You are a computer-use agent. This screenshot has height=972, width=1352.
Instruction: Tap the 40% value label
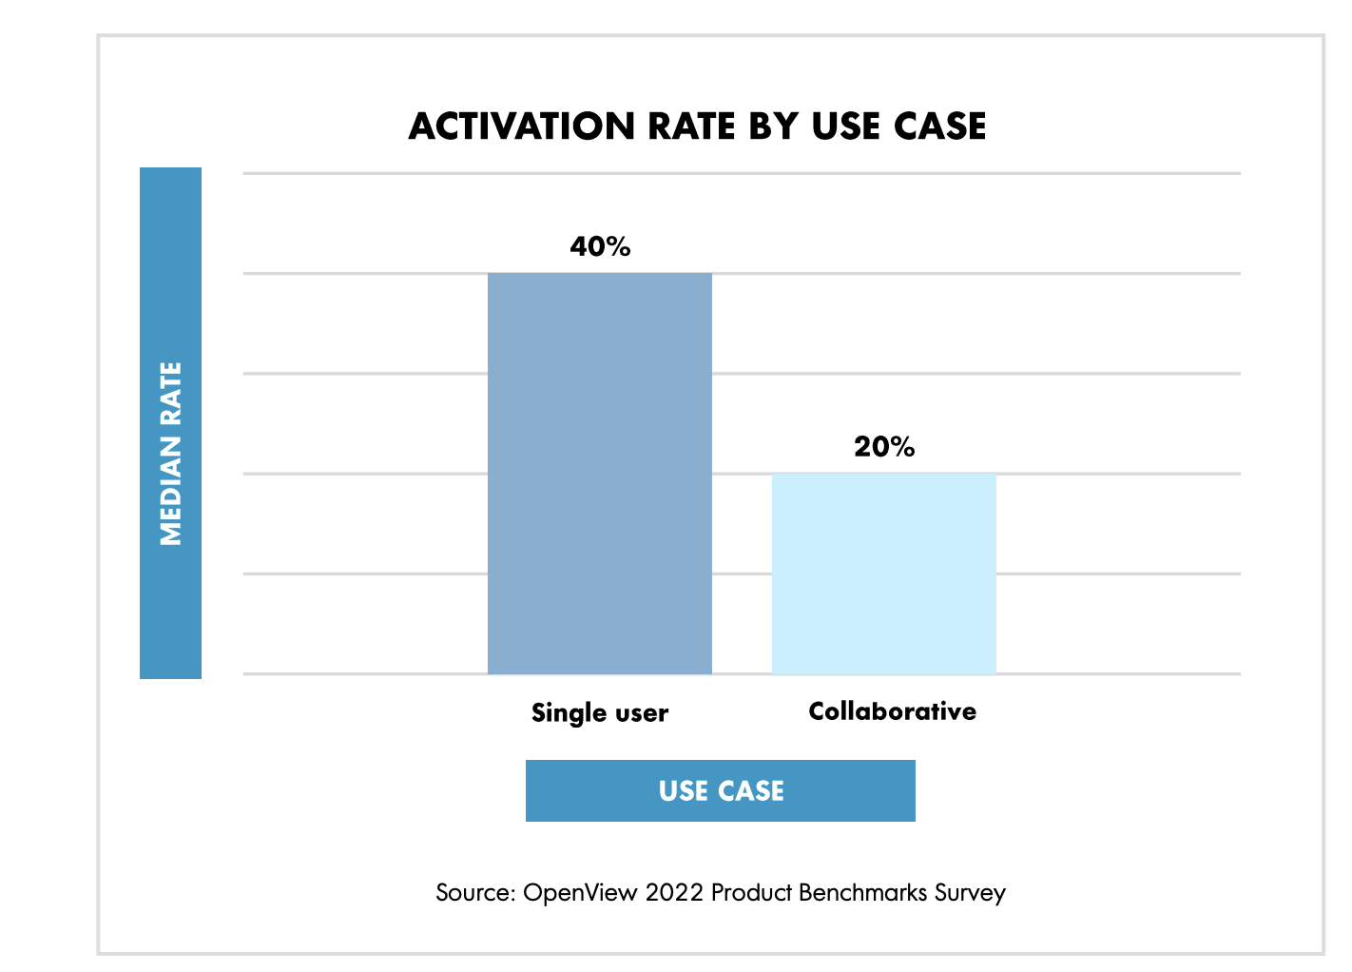[x=600, y=247]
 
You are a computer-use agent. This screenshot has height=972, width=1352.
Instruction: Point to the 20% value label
[x=884, y=447]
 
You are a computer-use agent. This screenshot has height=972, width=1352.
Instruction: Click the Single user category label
[x=600, y=713]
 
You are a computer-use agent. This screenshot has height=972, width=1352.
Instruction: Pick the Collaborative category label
[x=892, y=711]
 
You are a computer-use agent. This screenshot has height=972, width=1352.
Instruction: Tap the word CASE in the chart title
[x=939, y=126]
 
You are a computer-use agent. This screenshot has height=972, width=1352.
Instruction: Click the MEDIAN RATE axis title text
[x=171, y=454]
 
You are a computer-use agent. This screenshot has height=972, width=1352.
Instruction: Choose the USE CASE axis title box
[x=721, y=790]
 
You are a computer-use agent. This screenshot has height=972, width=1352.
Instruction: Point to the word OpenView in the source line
[x=580, y=893]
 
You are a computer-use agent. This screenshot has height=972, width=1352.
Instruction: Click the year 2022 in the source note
[x=674, y=893]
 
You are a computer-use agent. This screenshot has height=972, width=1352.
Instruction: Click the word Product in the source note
[x=751, y=893]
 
